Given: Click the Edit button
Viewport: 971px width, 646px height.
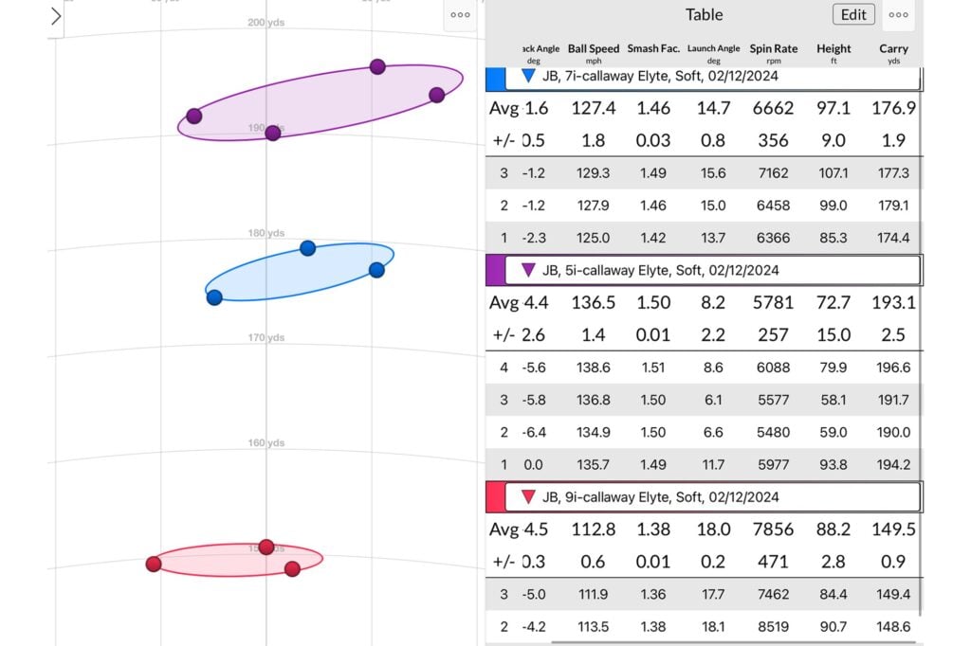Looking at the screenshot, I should point(853,14).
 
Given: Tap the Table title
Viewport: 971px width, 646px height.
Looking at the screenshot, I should point(704,14).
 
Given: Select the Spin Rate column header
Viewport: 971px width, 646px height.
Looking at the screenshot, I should point(773,48).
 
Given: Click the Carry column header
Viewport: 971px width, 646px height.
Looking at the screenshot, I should point(893,48).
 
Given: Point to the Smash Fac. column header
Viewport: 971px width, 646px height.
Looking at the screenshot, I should point(653,48).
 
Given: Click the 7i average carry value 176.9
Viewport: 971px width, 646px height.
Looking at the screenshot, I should point(893,108).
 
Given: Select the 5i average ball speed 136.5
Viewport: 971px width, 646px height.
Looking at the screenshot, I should point(594,303).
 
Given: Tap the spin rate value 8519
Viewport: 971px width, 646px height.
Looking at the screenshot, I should point(773,626).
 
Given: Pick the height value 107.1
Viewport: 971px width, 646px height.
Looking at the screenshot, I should point(834,173).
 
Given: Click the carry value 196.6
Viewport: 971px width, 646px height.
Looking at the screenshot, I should point(893,368).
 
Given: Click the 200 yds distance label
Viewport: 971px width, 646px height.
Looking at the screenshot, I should point(266,22).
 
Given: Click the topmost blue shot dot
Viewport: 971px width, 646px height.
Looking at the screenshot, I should point(307,248).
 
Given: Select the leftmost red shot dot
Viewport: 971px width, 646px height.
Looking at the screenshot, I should point(154,564).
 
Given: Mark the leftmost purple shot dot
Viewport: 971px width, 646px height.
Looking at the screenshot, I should point(194,116).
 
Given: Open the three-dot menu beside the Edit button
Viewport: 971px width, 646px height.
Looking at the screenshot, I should point(899,14).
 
